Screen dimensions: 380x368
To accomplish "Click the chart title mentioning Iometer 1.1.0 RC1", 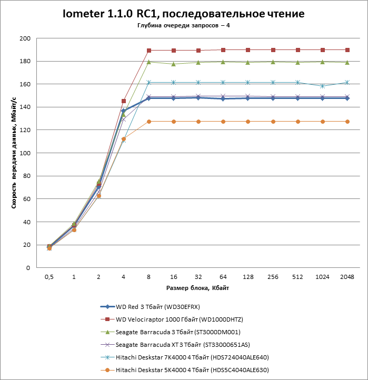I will [183, 14].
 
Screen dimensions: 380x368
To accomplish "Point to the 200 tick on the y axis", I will [25, 38].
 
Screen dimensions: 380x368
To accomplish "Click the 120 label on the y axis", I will [25, 130].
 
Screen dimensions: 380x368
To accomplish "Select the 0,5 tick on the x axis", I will [49, 277].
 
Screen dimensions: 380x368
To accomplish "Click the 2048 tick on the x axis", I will [347, 277].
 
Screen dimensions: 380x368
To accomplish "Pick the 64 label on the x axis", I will [223, 277].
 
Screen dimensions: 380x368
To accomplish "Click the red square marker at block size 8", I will [149, 51].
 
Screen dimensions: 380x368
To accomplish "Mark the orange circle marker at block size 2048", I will [347, 122].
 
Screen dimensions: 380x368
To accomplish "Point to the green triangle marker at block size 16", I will [174, 64].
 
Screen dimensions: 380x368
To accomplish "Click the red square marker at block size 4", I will [124, 101].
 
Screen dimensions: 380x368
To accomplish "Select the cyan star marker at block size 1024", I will [322, 86].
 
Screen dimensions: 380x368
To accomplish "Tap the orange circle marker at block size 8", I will [149, 122].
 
